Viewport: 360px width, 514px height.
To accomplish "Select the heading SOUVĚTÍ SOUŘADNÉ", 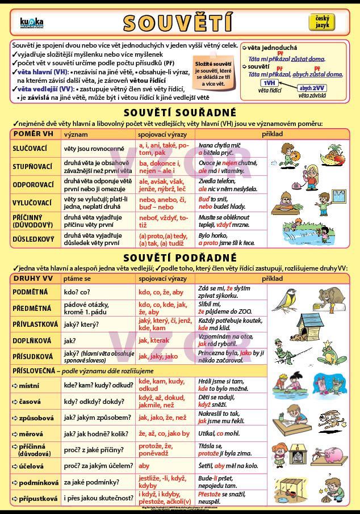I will pos(179,113).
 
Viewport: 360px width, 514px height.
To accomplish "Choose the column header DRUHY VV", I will pos(33,279).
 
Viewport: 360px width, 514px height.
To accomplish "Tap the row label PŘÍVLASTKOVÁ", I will pos(36,325).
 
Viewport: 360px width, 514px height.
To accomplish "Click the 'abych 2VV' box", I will pos(311,89).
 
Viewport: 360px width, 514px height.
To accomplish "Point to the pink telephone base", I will pos(281,185).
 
